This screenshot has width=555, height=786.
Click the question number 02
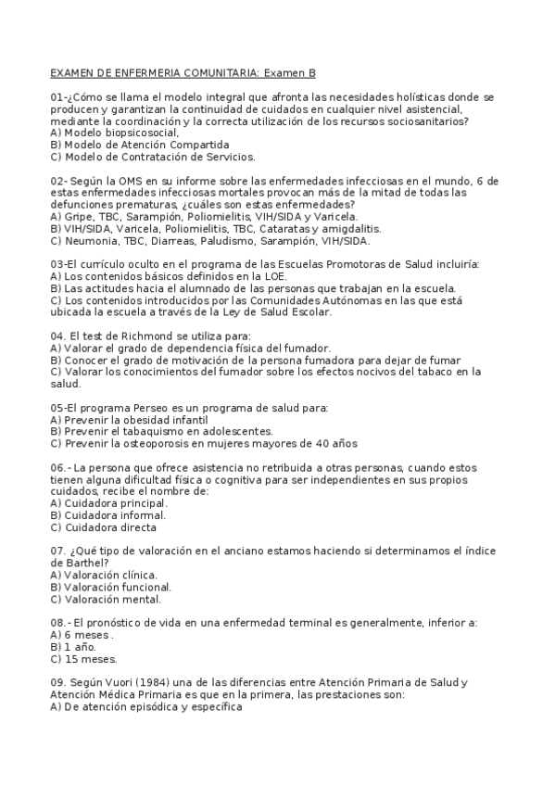tap(57, 180)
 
